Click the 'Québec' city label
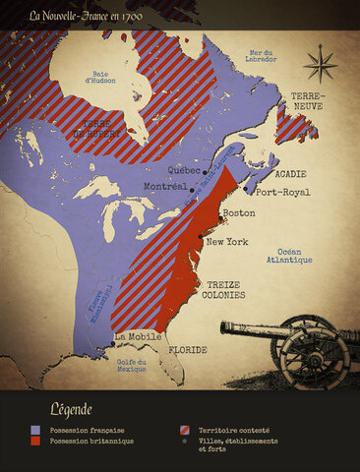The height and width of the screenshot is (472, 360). click(185, 168)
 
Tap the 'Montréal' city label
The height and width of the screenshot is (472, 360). click(164, 187)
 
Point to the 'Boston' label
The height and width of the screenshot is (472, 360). click(239, 213)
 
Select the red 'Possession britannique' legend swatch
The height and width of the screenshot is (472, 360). click(36, 441)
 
